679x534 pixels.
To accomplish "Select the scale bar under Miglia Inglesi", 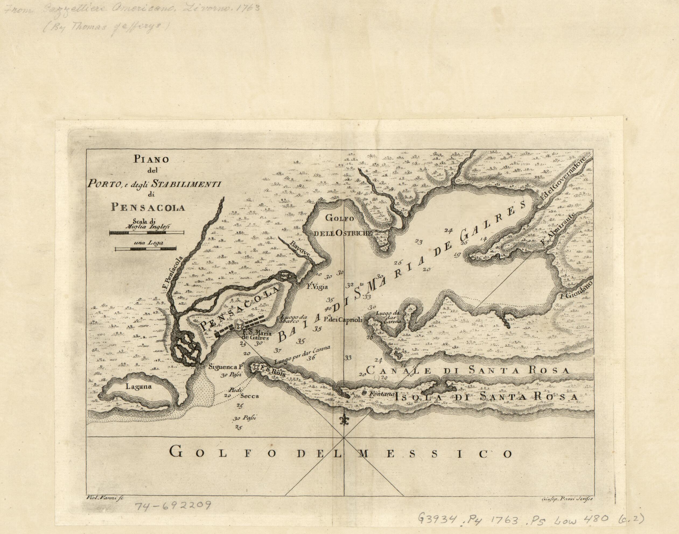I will point(146,233).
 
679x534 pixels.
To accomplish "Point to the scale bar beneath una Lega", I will point(145,249).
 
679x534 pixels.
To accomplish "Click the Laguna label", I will point(138,386).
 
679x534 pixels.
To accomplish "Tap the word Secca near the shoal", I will point(250,396).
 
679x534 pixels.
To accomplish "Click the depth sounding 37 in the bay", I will point(277,351).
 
